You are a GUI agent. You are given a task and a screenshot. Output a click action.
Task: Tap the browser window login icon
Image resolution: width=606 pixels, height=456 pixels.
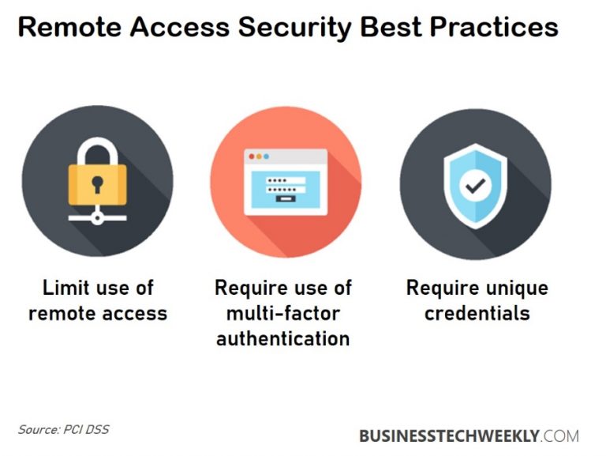point(286,181)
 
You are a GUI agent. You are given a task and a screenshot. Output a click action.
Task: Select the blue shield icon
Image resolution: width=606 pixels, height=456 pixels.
point(475,186)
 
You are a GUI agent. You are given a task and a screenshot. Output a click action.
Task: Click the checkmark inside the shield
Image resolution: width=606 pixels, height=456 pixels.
point(475,186)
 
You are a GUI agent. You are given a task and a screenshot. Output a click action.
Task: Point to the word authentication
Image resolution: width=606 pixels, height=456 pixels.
point(282,338)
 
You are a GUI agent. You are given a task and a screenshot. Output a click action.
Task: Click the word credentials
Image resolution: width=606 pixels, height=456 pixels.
point(477,313)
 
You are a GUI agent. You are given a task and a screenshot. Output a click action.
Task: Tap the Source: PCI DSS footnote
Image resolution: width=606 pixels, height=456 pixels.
point(64,430)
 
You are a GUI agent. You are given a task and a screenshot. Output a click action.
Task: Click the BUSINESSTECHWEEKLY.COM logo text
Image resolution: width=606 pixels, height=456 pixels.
point(469,435)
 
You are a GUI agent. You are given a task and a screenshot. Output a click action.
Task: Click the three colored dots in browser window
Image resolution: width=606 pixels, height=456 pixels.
point(260,157)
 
